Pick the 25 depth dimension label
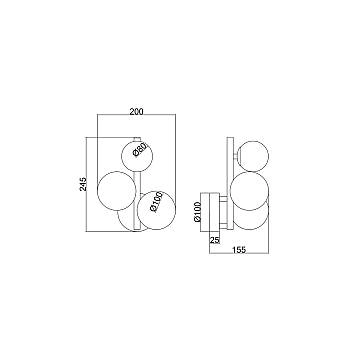click(214, 240)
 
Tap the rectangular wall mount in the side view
click(212, 209)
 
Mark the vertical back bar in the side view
click(236, 180)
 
